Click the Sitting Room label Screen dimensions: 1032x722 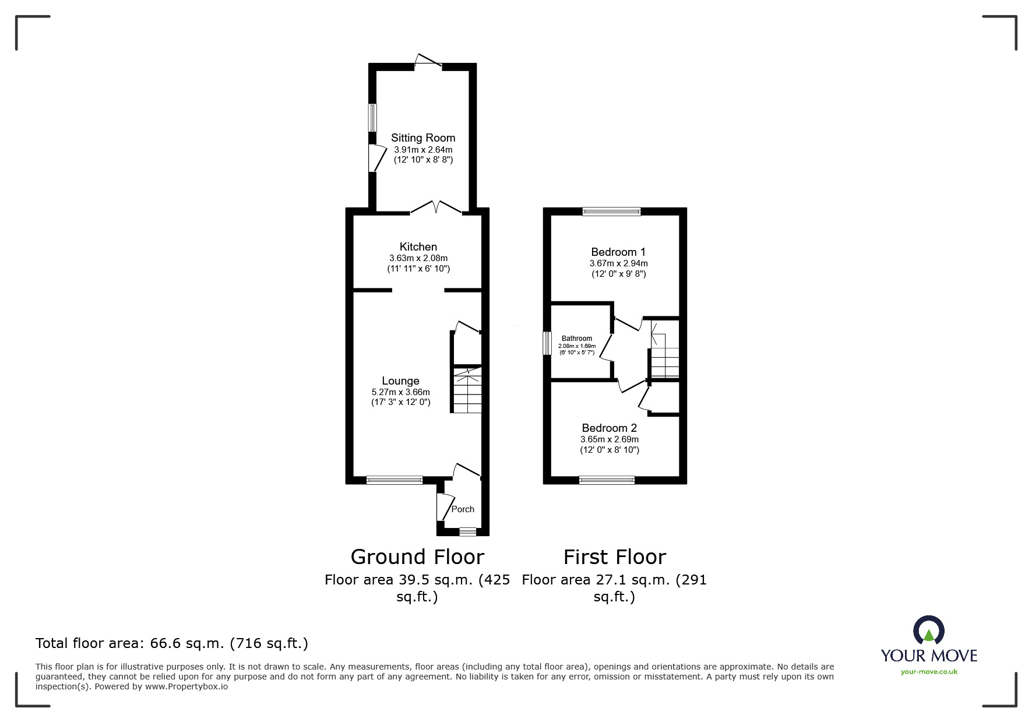pyautogui.click(x=423, y=138)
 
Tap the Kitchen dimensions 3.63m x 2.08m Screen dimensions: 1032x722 pyautogui.click(x=418, y=258)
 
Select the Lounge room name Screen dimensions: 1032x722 pyautogui.click(x=401, y=381)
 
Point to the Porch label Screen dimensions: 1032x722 pyautogui.click(x=463, y=509)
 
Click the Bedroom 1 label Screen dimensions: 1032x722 pyautogui.click(x=618, y=252)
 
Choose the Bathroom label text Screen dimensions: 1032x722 pyautogui.click(x=577, y=339)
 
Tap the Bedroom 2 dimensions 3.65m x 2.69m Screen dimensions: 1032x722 pyautogui.click(x=610, y=439)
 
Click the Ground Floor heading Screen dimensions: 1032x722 pyautogui.click(x=417, y=557)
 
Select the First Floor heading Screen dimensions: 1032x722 pyautogui.click(x=615, y=557)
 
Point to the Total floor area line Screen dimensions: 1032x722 pyautogui.click(x=172, y=643)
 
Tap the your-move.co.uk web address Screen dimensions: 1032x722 pyautogui.click(x=929, y=672)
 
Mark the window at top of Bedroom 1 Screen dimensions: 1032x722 pyautogui.click(x=611, y=212)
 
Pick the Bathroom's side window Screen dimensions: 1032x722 pyautogui.click(x=547, y=343)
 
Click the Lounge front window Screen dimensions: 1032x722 pyautogui.click(x=395, y=480)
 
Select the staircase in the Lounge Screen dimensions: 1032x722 pyautogui.click(x=467, y=390)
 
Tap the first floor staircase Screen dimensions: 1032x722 pyautogui.click(x=665, y=349)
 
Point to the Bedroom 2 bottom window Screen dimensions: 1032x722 pyautogui.click(x=607, y=480)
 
